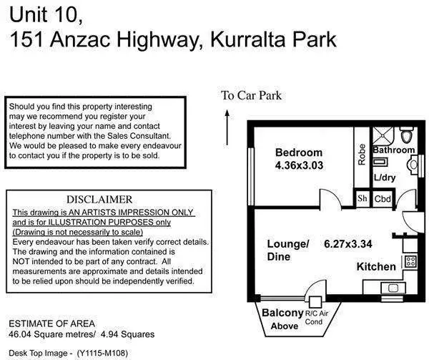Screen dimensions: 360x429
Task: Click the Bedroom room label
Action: pyautogui.click(x=299, y=152)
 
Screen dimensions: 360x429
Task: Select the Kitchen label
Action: pyautogui.click(x=376, y=267)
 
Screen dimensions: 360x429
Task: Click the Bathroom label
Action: pyautogui.click(x=393, y=150)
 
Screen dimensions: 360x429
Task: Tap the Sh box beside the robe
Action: pyautogui.click(x=363, y=199)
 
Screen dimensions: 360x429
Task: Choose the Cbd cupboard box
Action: pyautogui.click(x=383, y=199)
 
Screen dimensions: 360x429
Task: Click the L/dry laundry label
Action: pyautogui.click(x=385, y=177)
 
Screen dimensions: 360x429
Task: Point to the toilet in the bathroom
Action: pyautogui.click(x=407, y=135)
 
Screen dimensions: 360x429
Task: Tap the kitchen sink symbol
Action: pyautogui.click(x=393, y=288)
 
